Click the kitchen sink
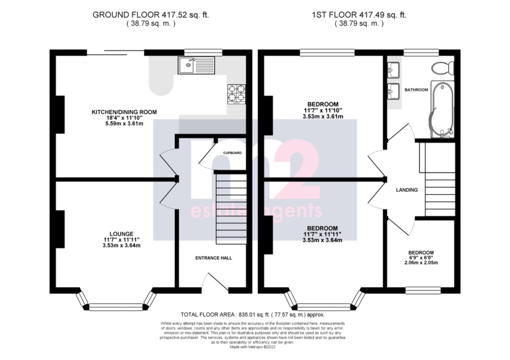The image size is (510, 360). [x=196, y=65]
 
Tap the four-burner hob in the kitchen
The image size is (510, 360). [x=236, y=94]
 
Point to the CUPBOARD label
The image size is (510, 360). [x=232, y=153]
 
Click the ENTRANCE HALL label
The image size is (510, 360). [x=213, y=258]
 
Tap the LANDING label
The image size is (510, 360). [x=406, y=190]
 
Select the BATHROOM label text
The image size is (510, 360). [x=416, y=90]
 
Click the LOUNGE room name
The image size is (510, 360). [x=121, y=234]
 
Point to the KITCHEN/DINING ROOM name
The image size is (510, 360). [x=124, y=112]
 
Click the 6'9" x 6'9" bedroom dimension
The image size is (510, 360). [x=421, y=258]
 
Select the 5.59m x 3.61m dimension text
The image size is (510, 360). [x=124, y=124]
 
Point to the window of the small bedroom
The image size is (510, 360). [x=423, y=290]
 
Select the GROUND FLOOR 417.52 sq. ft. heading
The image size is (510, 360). [x=151, y=15]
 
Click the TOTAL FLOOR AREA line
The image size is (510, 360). [x=252, y=315]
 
